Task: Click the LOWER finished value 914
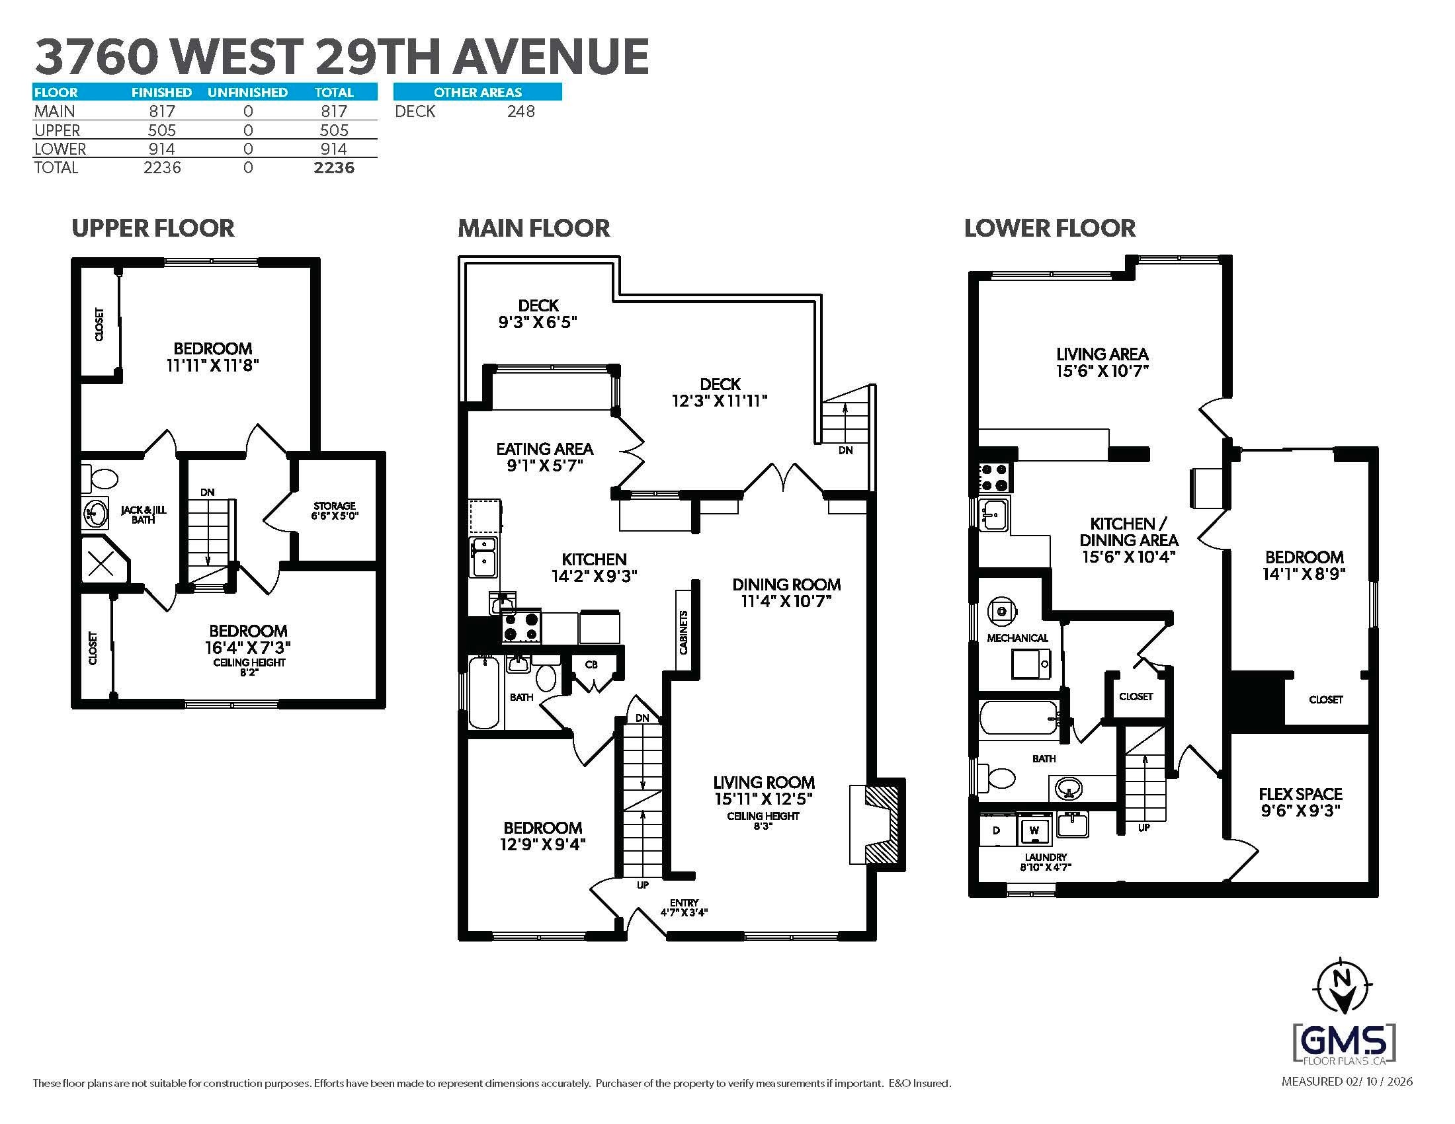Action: pyautogui.click(x=162, y=149)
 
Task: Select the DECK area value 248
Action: pyautogui.click(x=520, y=111)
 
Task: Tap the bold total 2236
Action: pyautogui.click(x=334, y=168)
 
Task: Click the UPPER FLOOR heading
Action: pyautogui.click(x=153, y=228)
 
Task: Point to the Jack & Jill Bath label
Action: pyautogui.click(x=144, y=514)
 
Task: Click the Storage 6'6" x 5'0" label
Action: pyautogui.click(x=335, y=510)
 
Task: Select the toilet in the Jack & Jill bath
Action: pyautogui.click(x=101, y=478)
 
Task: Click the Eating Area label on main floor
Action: pyautogui.click(x=544, y=457)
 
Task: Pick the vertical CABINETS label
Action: pyautogui.click(x=684, y=632)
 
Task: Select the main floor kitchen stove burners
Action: pyautogui.click(x=521, y=627)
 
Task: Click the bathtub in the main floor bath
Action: pyautogui.click(x=483, y=692)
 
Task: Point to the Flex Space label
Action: pyautogui.click(x=1300, y=802)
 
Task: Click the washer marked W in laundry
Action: pyautogui.click(x=1034, y=830)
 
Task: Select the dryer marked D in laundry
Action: pyautogui.click(x=997, y=830)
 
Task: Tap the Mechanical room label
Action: pyautogui.click(x=1017, y=638)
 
